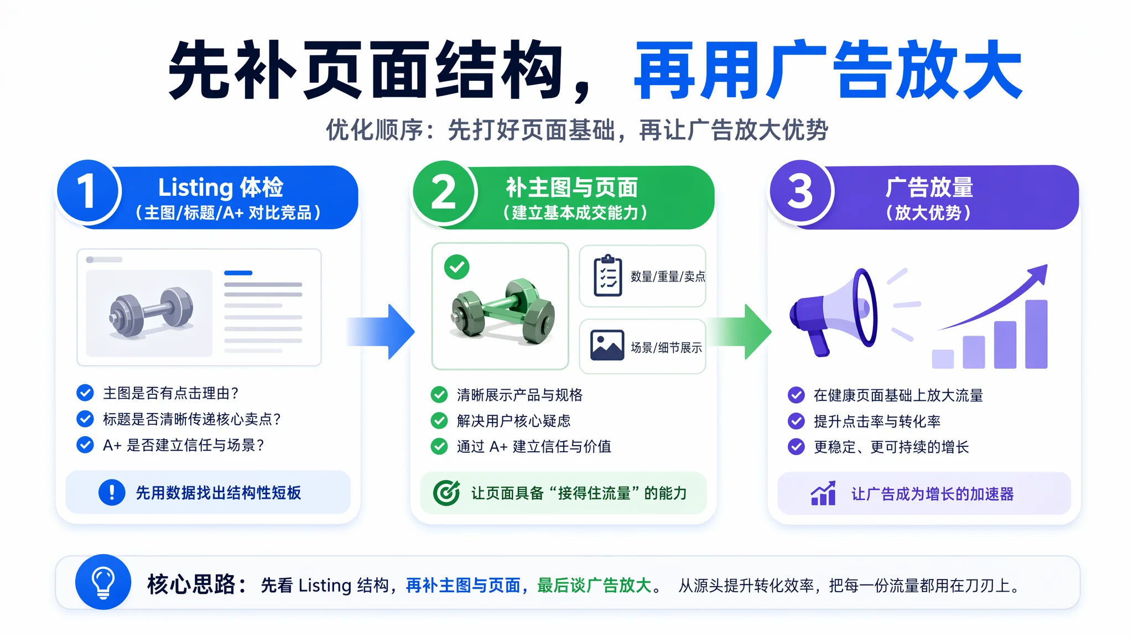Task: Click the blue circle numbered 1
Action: pos(88,191)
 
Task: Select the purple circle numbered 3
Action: pos(801,191)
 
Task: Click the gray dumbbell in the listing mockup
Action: pos(151,312)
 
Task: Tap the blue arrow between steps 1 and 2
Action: pos(381,331)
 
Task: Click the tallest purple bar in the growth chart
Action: pos(1036,334)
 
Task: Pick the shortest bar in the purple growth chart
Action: pos(943,359)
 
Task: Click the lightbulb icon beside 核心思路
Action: pos(103,582)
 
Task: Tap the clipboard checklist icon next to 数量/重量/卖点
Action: pos(607,275)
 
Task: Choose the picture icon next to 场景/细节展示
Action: pos(607,346)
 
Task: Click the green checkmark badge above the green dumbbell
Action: pos(457,268)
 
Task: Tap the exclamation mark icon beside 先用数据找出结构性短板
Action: pos(112,492)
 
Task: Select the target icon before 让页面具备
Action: pos(446,493)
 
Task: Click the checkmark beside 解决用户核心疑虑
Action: pos(439,421)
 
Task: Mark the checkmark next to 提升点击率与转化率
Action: pos(796,421)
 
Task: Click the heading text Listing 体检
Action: pos(221,187)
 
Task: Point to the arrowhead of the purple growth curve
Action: pos(1038,274)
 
